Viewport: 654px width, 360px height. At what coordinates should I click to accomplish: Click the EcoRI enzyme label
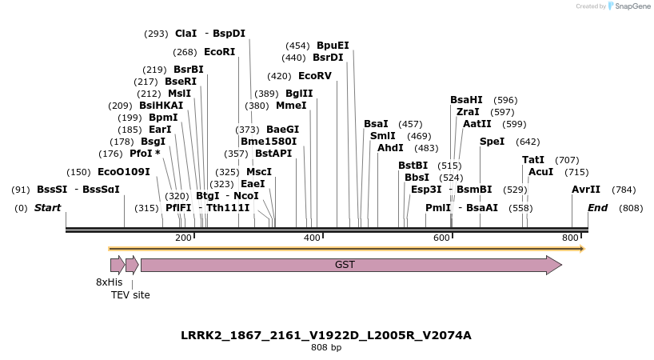[219, 51]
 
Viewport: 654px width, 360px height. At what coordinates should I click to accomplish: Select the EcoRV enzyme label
[314, 76]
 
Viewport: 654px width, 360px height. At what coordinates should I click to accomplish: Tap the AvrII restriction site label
[585, 190]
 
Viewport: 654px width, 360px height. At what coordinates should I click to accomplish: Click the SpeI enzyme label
[492, 142]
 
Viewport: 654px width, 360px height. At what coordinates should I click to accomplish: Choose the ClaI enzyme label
[185, 34]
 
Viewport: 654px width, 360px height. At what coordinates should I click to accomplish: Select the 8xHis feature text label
[110, 282]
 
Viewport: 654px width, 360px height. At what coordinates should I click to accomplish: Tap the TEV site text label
[130, 295]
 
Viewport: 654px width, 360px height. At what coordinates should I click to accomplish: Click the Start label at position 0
[47, 208]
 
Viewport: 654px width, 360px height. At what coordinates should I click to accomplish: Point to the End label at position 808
[597, 208]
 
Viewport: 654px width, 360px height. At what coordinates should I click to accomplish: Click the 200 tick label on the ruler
[183, 238]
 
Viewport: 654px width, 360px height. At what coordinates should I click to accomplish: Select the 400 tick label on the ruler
[313, 238]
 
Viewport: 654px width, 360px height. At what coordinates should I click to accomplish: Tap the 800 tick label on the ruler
[570, 238]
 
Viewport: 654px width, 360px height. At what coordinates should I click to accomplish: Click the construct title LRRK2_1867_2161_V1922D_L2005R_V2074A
[326, 335]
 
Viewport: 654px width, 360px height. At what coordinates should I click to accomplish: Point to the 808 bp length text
[326, 347]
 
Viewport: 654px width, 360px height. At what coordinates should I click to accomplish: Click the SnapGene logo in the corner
[629, 6]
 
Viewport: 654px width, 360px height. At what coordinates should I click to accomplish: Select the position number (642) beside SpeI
[528, 142]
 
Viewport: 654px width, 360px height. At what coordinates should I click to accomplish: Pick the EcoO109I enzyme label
[123, 172]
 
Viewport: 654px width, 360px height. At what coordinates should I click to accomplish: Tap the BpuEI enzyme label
[333, 46]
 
